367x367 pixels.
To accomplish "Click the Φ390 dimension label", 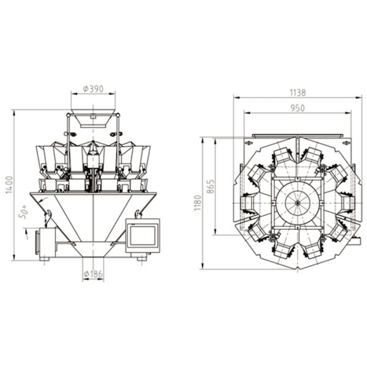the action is coord(93,89).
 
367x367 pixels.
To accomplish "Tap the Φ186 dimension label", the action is coord(93,274).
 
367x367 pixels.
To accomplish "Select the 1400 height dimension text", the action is coord(9,185).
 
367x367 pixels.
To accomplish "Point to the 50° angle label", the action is coord(23,212).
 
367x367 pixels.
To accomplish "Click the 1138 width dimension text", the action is coord(298,93).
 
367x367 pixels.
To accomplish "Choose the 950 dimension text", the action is coord(298,108).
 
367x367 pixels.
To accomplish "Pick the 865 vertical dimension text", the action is coord(210,187).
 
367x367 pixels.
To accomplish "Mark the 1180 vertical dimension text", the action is coord(198,203).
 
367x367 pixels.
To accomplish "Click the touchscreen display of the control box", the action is coord(143,235).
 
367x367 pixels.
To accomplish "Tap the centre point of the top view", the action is coord(297,203).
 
